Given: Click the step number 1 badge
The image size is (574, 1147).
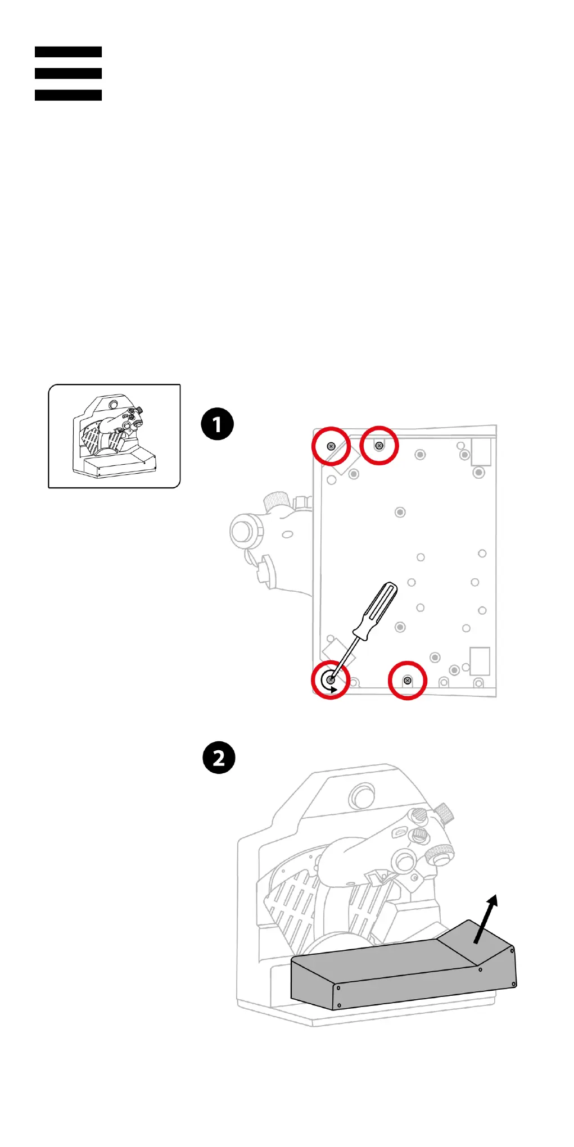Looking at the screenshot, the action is click(x=217, y=424).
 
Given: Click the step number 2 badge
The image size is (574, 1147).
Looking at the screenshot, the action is click(x=219, y=758).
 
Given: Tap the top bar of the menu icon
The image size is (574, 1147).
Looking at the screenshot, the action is click(x=68, y=52).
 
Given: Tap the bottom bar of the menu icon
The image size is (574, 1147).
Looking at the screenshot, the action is click(x=68, y=95).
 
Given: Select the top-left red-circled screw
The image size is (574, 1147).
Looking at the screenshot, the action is click(x=331, y=446).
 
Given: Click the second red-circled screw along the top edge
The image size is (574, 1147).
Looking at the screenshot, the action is click(x=379, y=446).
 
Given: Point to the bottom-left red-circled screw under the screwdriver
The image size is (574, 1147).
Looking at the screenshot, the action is click(x=331, y=680).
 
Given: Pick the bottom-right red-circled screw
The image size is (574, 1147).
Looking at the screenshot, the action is click(x=408, y=681).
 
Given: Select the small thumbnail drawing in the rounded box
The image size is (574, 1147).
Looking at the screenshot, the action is click(x=114, y=436).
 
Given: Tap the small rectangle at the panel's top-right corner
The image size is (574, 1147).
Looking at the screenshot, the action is click(x=481, y=452).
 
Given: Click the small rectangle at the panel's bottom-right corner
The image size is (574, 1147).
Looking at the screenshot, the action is click(x=480, y=661).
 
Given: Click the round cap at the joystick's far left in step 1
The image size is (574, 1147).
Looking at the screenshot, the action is click(x=242, y=531).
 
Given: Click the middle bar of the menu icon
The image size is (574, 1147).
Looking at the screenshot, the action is click(x=68, y=73).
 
